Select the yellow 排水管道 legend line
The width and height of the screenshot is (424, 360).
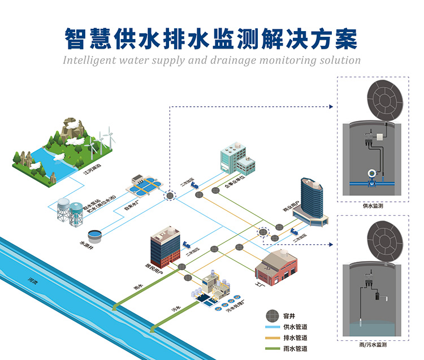(272, 338)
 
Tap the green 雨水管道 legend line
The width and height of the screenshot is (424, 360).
(272, 349)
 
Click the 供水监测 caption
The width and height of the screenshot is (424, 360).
(373, 207)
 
